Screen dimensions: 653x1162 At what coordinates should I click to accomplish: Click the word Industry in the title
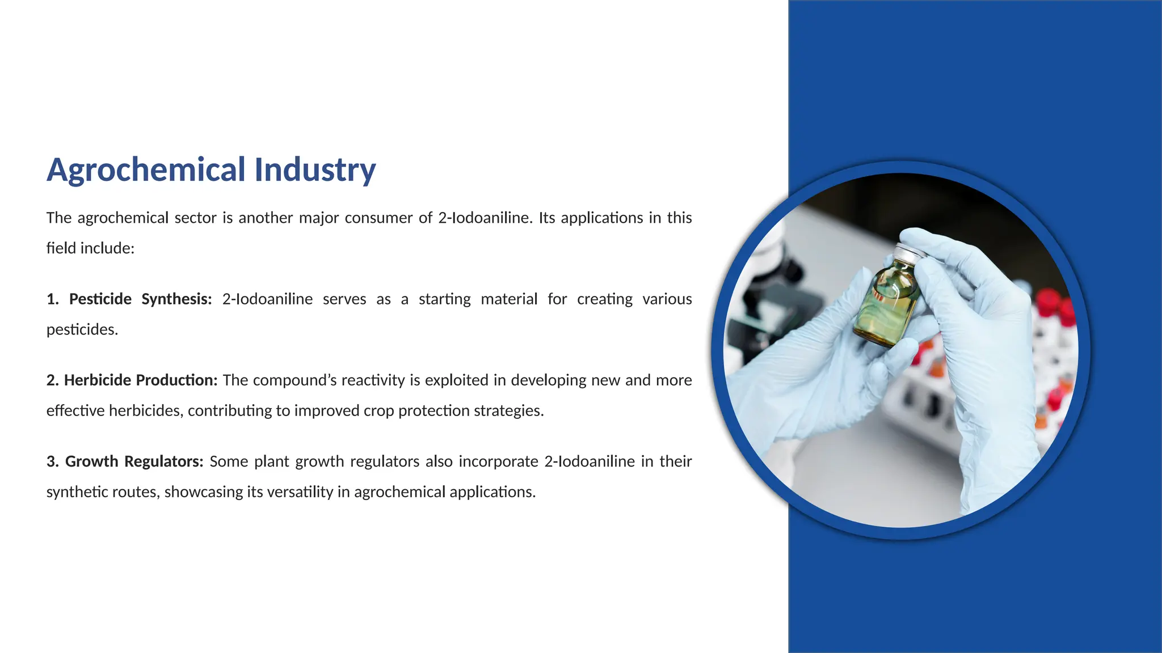point(315,170)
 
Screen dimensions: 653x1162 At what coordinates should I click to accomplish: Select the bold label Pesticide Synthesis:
point(140,299)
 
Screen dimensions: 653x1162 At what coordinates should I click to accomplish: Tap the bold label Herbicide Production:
point(141,380)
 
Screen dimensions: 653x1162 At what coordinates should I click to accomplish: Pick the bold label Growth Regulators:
point(134,461)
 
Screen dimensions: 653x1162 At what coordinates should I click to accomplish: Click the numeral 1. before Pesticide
point(52,299)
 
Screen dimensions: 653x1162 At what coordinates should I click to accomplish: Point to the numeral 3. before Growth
point(52,461)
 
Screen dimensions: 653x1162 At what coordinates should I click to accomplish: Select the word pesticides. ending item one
point(82,330)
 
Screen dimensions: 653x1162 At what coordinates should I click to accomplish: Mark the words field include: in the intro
point(90,248)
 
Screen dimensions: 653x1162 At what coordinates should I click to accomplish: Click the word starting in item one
point(444,299)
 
